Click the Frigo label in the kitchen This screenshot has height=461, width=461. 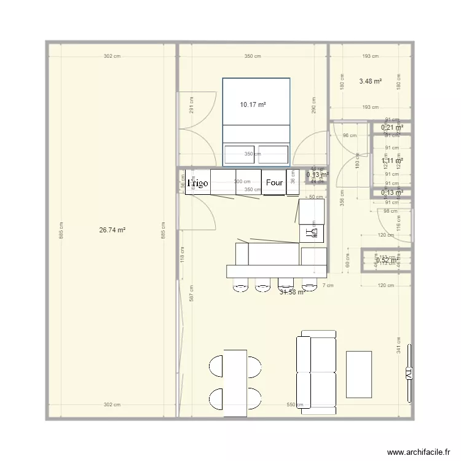point(198,183)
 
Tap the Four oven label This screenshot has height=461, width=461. point(274,183)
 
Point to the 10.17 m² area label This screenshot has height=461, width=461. point(253,104)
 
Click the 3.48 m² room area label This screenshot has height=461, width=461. point(370,81)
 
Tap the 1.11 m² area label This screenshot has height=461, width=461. point(392,161)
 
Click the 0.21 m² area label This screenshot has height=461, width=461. point(392,128)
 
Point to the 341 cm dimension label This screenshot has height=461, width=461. point(399,345)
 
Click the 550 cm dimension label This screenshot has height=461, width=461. point(295,405)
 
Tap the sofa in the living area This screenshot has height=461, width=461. point(317,371)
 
